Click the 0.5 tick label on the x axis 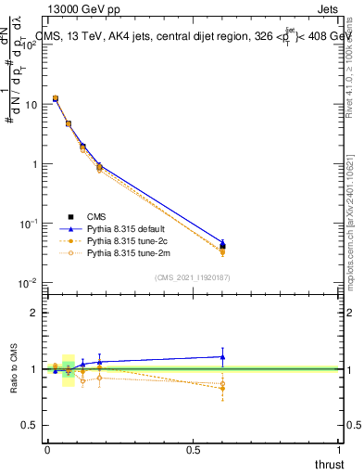point(194,449)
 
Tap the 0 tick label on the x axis point(47,449)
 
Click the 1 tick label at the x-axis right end point(339,449)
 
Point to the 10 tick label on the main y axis point(31,104)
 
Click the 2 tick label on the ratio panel point(35,313)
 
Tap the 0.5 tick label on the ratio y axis point(31,426)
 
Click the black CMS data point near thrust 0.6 point(222,247)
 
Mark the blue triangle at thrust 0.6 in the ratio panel point(222,356)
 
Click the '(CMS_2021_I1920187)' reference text point(194,277)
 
